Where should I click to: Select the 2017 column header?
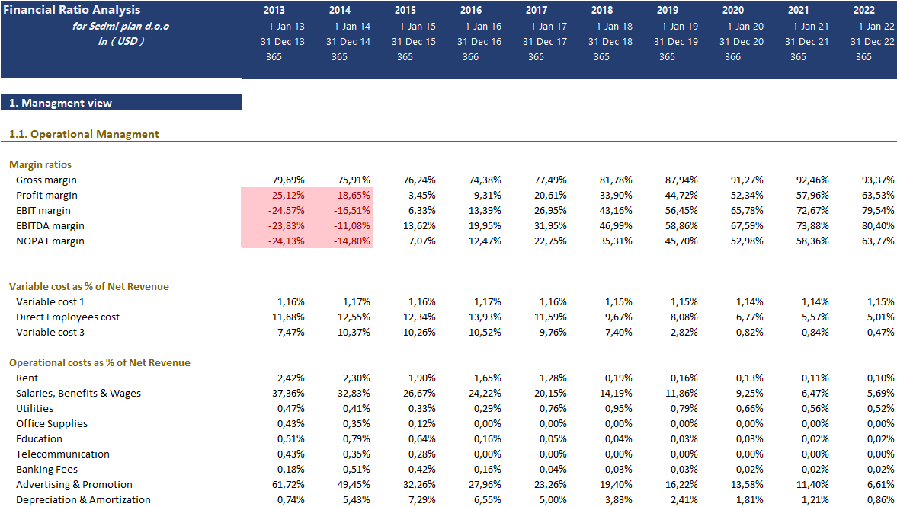point(536,11)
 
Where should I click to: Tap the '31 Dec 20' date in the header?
point(741,42)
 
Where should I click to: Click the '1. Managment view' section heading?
point(60,103)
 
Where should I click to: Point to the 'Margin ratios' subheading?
point(40,164)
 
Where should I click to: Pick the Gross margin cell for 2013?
point(288,180)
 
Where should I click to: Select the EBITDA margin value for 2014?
point(354,226)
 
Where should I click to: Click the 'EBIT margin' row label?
point(43,211)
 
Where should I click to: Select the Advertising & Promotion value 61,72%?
point(288,485)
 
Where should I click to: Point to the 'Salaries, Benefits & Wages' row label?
point(78,394)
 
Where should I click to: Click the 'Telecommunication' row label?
point(62,454)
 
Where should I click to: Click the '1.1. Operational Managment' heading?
point(84,134)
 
